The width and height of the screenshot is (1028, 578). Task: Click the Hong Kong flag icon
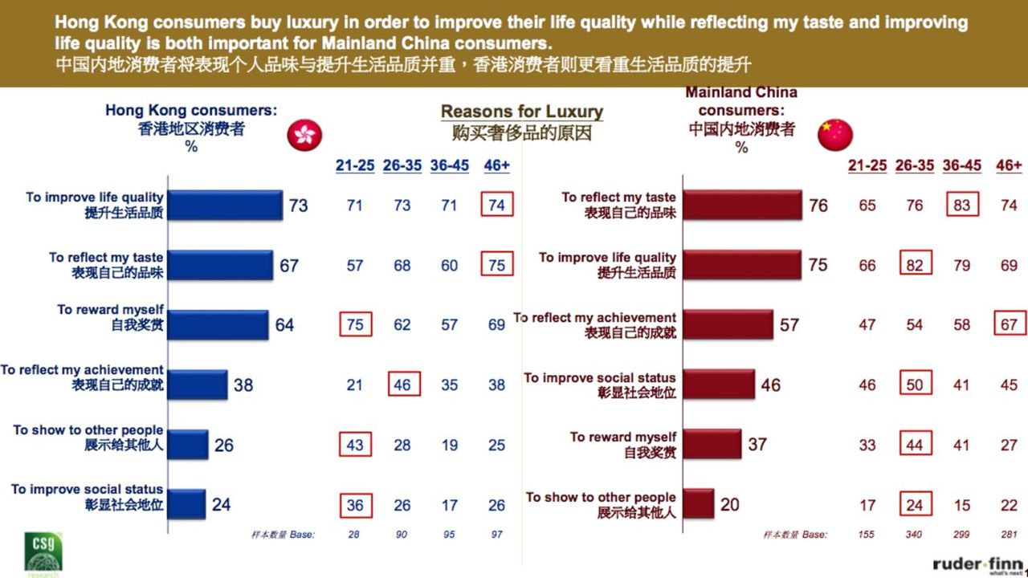coord(304,134)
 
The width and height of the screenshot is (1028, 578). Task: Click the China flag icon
coord(835,134)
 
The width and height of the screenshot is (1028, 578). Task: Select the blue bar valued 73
coord(226,206)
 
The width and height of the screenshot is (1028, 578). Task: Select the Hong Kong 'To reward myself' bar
coord(218,325)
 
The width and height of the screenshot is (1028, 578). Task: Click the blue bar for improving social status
coord(187,504)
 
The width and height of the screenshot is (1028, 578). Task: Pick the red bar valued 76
coord(743,206)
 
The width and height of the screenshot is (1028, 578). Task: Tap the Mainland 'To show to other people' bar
coord(699,504)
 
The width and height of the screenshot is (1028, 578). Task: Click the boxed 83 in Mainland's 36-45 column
coord(961,205)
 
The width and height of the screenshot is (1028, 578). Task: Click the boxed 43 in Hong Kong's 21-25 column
coord(355,445)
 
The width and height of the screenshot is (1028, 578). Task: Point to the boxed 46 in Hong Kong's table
coord(402,385)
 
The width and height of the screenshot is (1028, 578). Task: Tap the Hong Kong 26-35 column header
coord(402,165)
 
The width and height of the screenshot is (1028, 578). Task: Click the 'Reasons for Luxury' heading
coord(522,112)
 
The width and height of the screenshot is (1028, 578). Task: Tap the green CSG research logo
coord(43,551)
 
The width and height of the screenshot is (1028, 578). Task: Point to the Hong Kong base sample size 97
coord(497,535)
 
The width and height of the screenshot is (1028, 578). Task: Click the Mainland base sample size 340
coord(915,535)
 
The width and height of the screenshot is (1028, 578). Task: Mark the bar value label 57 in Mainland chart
coord(789,324)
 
